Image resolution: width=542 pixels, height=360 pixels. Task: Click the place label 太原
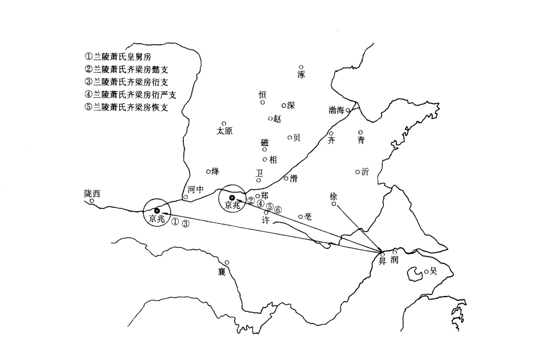click(x=224, y=131)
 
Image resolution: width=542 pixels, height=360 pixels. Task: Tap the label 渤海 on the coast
click(x=336, y=110)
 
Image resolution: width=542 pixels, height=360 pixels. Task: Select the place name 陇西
click(x=92, y=193)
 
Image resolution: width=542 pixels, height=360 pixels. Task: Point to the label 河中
click(x=195, y=190)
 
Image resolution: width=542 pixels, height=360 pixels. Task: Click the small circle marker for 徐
click(x=334, y=204)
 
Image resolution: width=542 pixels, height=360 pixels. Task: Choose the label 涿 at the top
click(x=301, y=74)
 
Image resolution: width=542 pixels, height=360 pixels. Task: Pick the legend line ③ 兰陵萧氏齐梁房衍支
click(x=126, y=82)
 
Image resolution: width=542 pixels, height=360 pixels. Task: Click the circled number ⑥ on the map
click(x=278, y=210)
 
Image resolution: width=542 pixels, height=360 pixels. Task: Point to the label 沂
click(x=365, y=172)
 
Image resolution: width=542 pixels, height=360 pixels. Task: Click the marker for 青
click(x=360, y=132)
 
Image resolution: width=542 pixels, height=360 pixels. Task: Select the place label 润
click(x=395, y=260)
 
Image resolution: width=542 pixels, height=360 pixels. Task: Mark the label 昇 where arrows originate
click(x=383, y=261)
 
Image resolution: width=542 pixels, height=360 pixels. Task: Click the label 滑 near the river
click(x=294, y=178)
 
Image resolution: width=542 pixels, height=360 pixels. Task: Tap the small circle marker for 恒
click(x=263, y=102)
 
